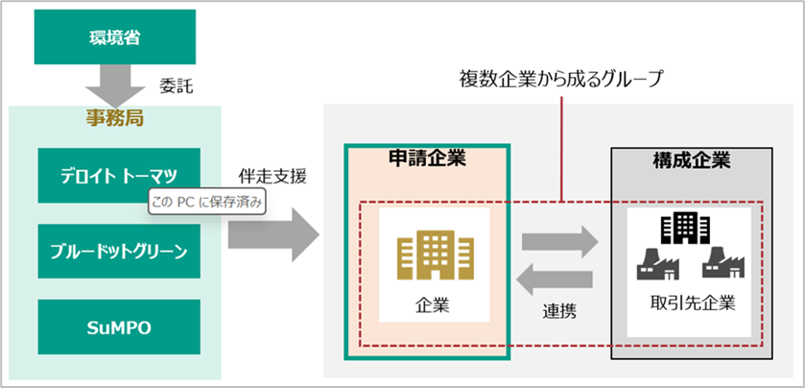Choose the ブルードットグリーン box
point(119,252)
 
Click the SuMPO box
point(119,327)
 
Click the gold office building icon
point(425,254)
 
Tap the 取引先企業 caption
point(692,304)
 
